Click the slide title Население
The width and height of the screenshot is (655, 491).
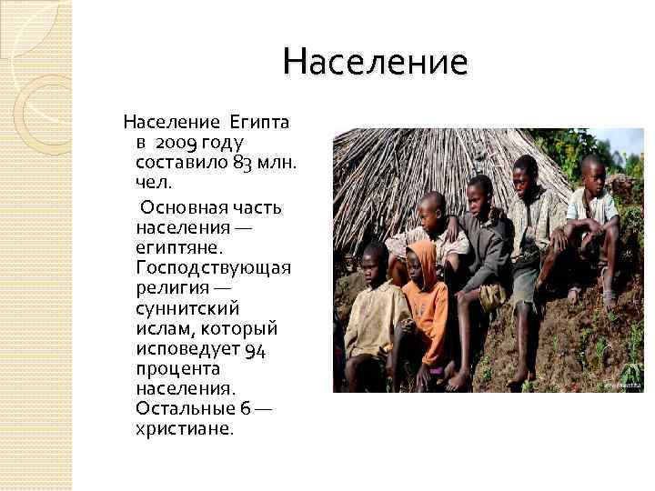pyautogui.click(x=375, y=63)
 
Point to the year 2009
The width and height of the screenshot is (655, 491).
pyautogui.click(x=176, y=143)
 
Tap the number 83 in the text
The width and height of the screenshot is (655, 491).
pyautogui.click(x=242, y=165)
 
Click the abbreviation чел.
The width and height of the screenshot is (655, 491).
pyautogui.click(x=152, y=185)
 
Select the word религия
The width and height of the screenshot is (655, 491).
pyautogui.click(x=174, y=290)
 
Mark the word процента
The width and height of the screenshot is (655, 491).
pyautogui.click(x=176, y=370)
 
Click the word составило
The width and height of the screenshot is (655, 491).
pyautogui.click(x=180, y=164)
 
